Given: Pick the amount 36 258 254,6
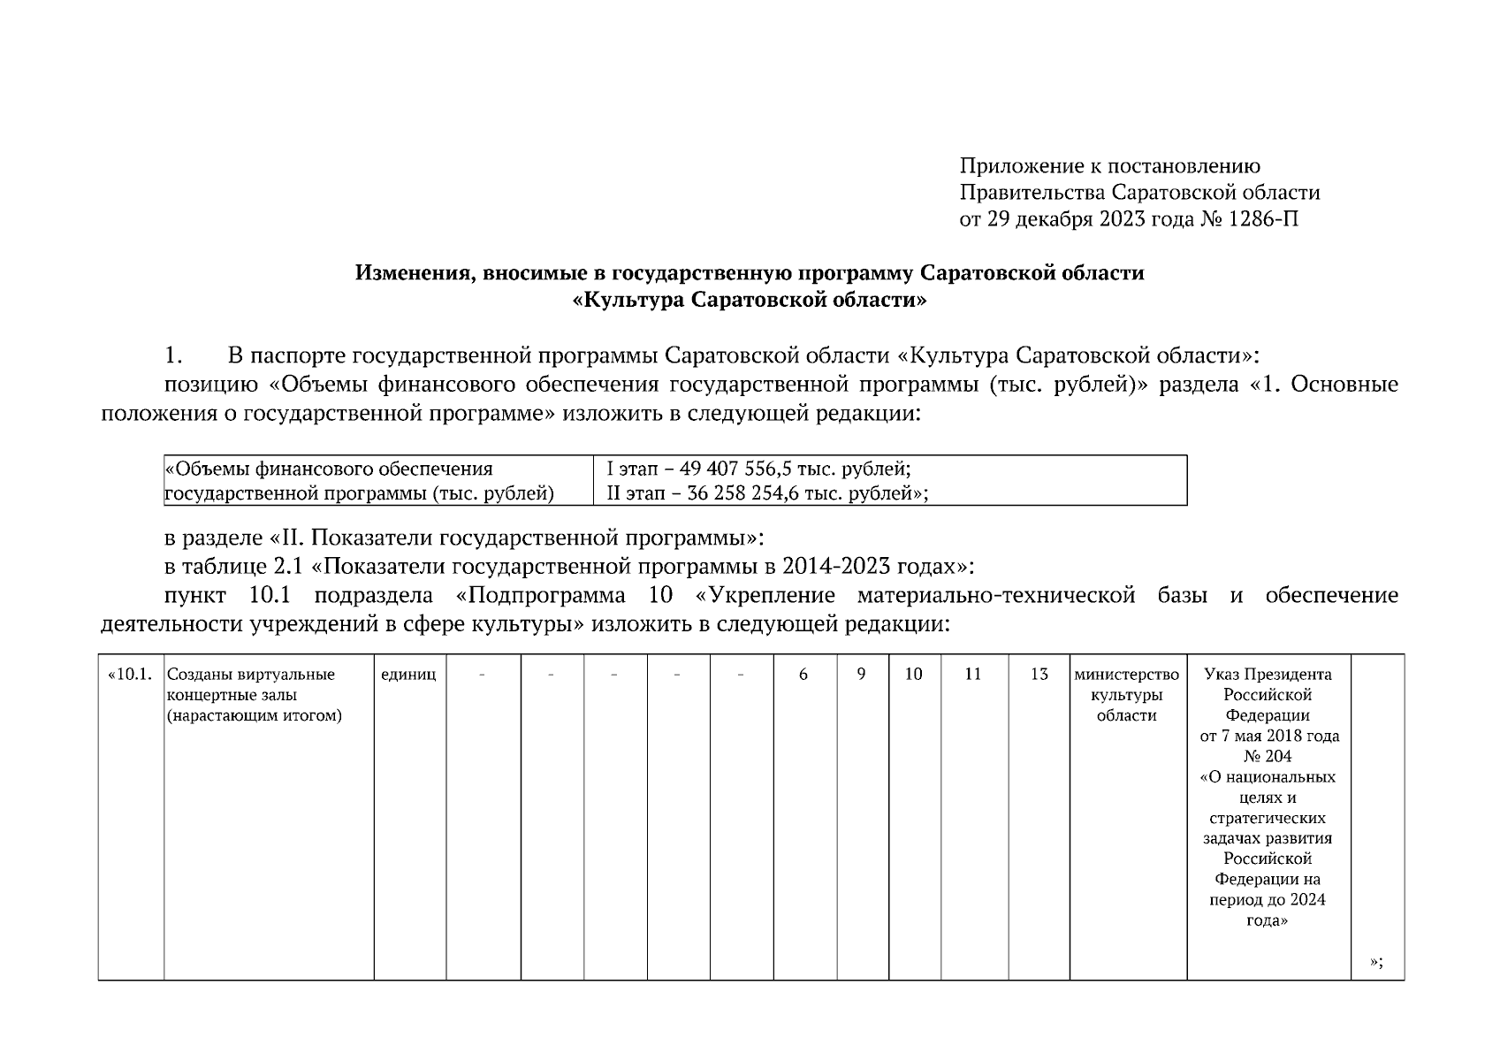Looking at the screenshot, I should tap(742, 493).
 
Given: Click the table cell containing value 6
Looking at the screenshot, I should tap(803, 675).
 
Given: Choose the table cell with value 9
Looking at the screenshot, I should tap(861, 675).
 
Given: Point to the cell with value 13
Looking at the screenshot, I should tap(1039, 675).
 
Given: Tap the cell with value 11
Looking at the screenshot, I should tap(972, 675).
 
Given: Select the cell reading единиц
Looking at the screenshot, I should tap(408, 675).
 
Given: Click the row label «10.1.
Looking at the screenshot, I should tap(130, 675).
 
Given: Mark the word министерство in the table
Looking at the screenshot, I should tap(1126, 675).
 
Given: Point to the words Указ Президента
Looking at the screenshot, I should tap(1268, 675).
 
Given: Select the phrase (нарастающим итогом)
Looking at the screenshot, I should tap(254, 715).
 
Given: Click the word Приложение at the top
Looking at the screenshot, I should tap(1021, 166).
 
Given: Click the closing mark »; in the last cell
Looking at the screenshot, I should tap(1375, 963).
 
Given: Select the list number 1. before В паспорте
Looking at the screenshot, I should tap(173, 356).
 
